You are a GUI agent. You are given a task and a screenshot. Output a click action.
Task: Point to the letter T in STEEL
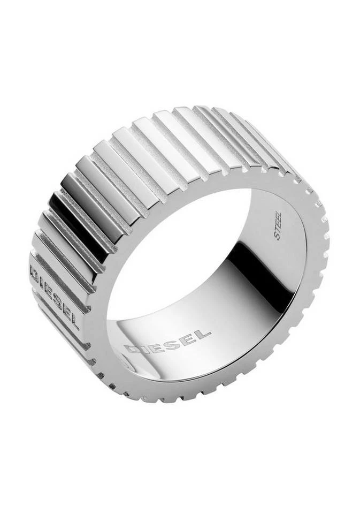278,232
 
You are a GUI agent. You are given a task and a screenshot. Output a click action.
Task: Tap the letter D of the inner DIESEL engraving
132,349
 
